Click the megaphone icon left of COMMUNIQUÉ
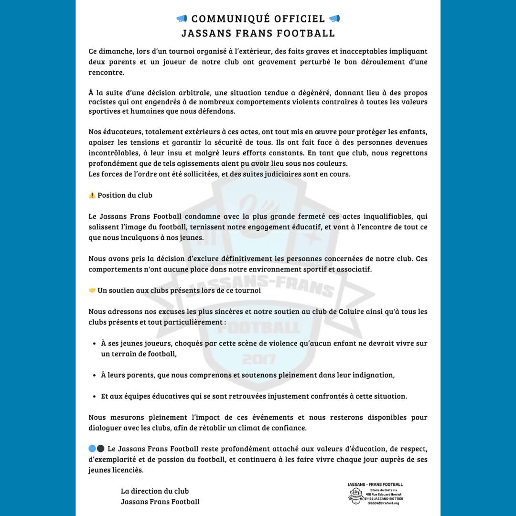click(182, 19)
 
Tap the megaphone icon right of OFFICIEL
click(334, 19)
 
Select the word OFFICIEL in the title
click(300, 19)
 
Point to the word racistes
click(103, 102)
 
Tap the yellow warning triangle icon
click(92, 195)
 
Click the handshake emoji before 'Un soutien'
click(92, 290)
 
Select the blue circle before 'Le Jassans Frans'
click(92, 449)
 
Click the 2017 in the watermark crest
click(258, 359)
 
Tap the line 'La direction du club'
click(155, 491)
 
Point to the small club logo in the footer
click(355, 496)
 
